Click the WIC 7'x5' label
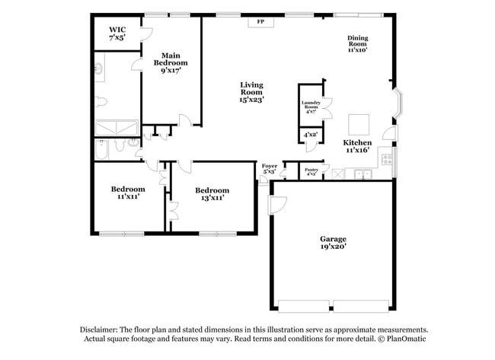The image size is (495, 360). click(117, 33)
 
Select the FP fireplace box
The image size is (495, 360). click(260, 22)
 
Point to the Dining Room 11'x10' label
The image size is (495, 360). click(357, 44)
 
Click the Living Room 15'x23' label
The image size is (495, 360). click(251, 91)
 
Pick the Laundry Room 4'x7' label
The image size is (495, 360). click(310, 107)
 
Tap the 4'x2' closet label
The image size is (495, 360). click(310, 135)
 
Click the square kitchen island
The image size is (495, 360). click(359, 124)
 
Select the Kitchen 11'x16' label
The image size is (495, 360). click(357, 146)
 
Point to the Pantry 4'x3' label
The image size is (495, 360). click(311, 172)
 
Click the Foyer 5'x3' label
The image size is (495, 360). click(270, 168)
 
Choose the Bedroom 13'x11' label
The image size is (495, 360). click(212, 193)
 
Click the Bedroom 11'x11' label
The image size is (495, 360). click(127, 193)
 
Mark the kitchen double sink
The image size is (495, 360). click(362, 174)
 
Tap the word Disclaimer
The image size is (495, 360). click(104, 330)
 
